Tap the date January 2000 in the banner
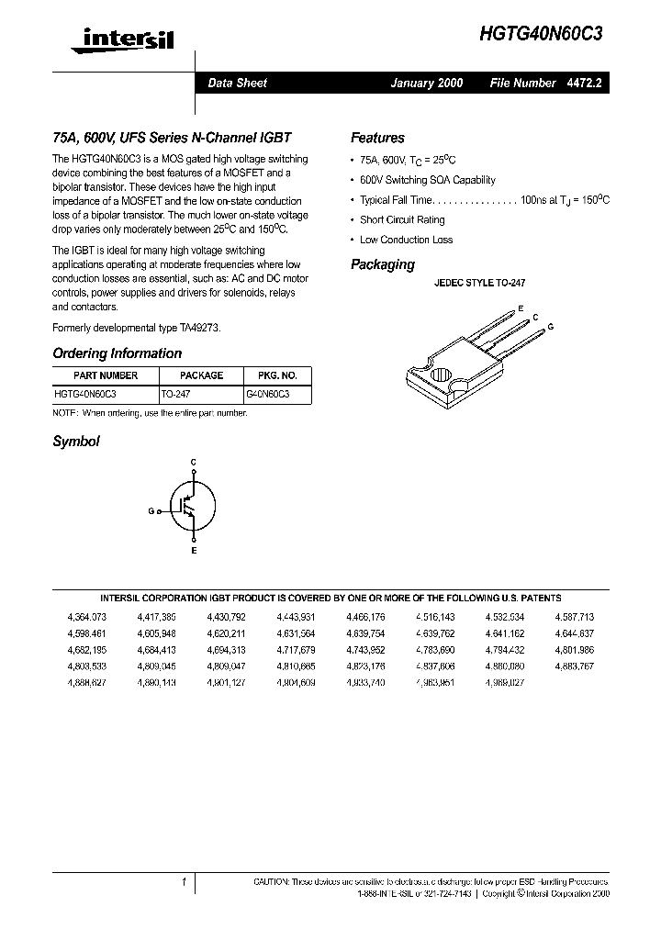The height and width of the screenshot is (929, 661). pyautogui.click(x=427, y=83)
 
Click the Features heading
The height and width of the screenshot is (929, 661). pyautogui.click(x=377, y=138)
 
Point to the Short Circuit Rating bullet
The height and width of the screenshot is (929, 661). pyautogui.click(x=401, y=220)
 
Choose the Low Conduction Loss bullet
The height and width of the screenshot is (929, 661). pyautogui.click(x=406, y=240)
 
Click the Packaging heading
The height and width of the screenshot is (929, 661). pyautogui.click(x=382, y=264)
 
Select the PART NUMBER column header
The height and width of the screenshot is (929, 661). pyautogui.click(x=106, y=375)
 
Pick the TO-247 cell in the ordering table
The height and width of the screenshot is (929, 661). pyautogui.click(x=175, y=393)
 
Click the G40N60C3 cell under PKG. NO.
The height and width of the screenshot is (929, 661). pyautogui.click(x=267, y=393)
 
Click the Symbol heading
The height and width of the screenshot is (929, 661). pyautogui.click(x=75, y=442)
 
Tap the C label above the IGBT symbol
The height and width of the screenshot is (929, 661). pyautogui.click(x=193, y=461)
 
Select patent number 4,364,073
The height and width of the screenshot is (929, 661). pyautogui.click(x=87, y=618)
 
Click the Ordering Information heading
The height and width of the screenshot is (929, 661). pyautogui.click(x=117, y=353)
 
